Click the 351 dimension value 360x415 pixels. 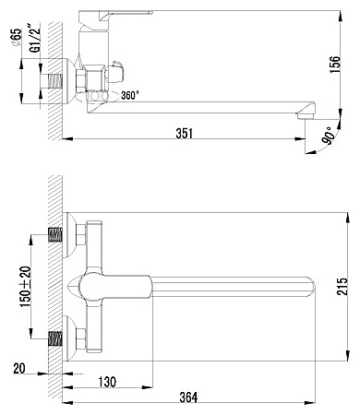(x=185, y=134)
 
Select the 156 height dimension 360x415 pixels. (x=335, y=65)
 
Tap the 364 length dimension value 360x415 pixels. (x=188, y=397)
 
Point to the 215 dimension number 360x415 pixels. (x=342, y=286)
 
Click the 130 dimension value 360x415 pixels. (x=107, y=382)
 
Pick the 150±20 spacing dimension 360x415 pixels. (x=26, y=287)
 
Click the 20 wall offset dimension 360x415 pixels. (x=19, y=368)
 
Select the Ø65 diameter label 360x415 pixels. (x=18, y=38)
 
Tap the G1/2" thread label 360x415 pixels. (x=35, y=36)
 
